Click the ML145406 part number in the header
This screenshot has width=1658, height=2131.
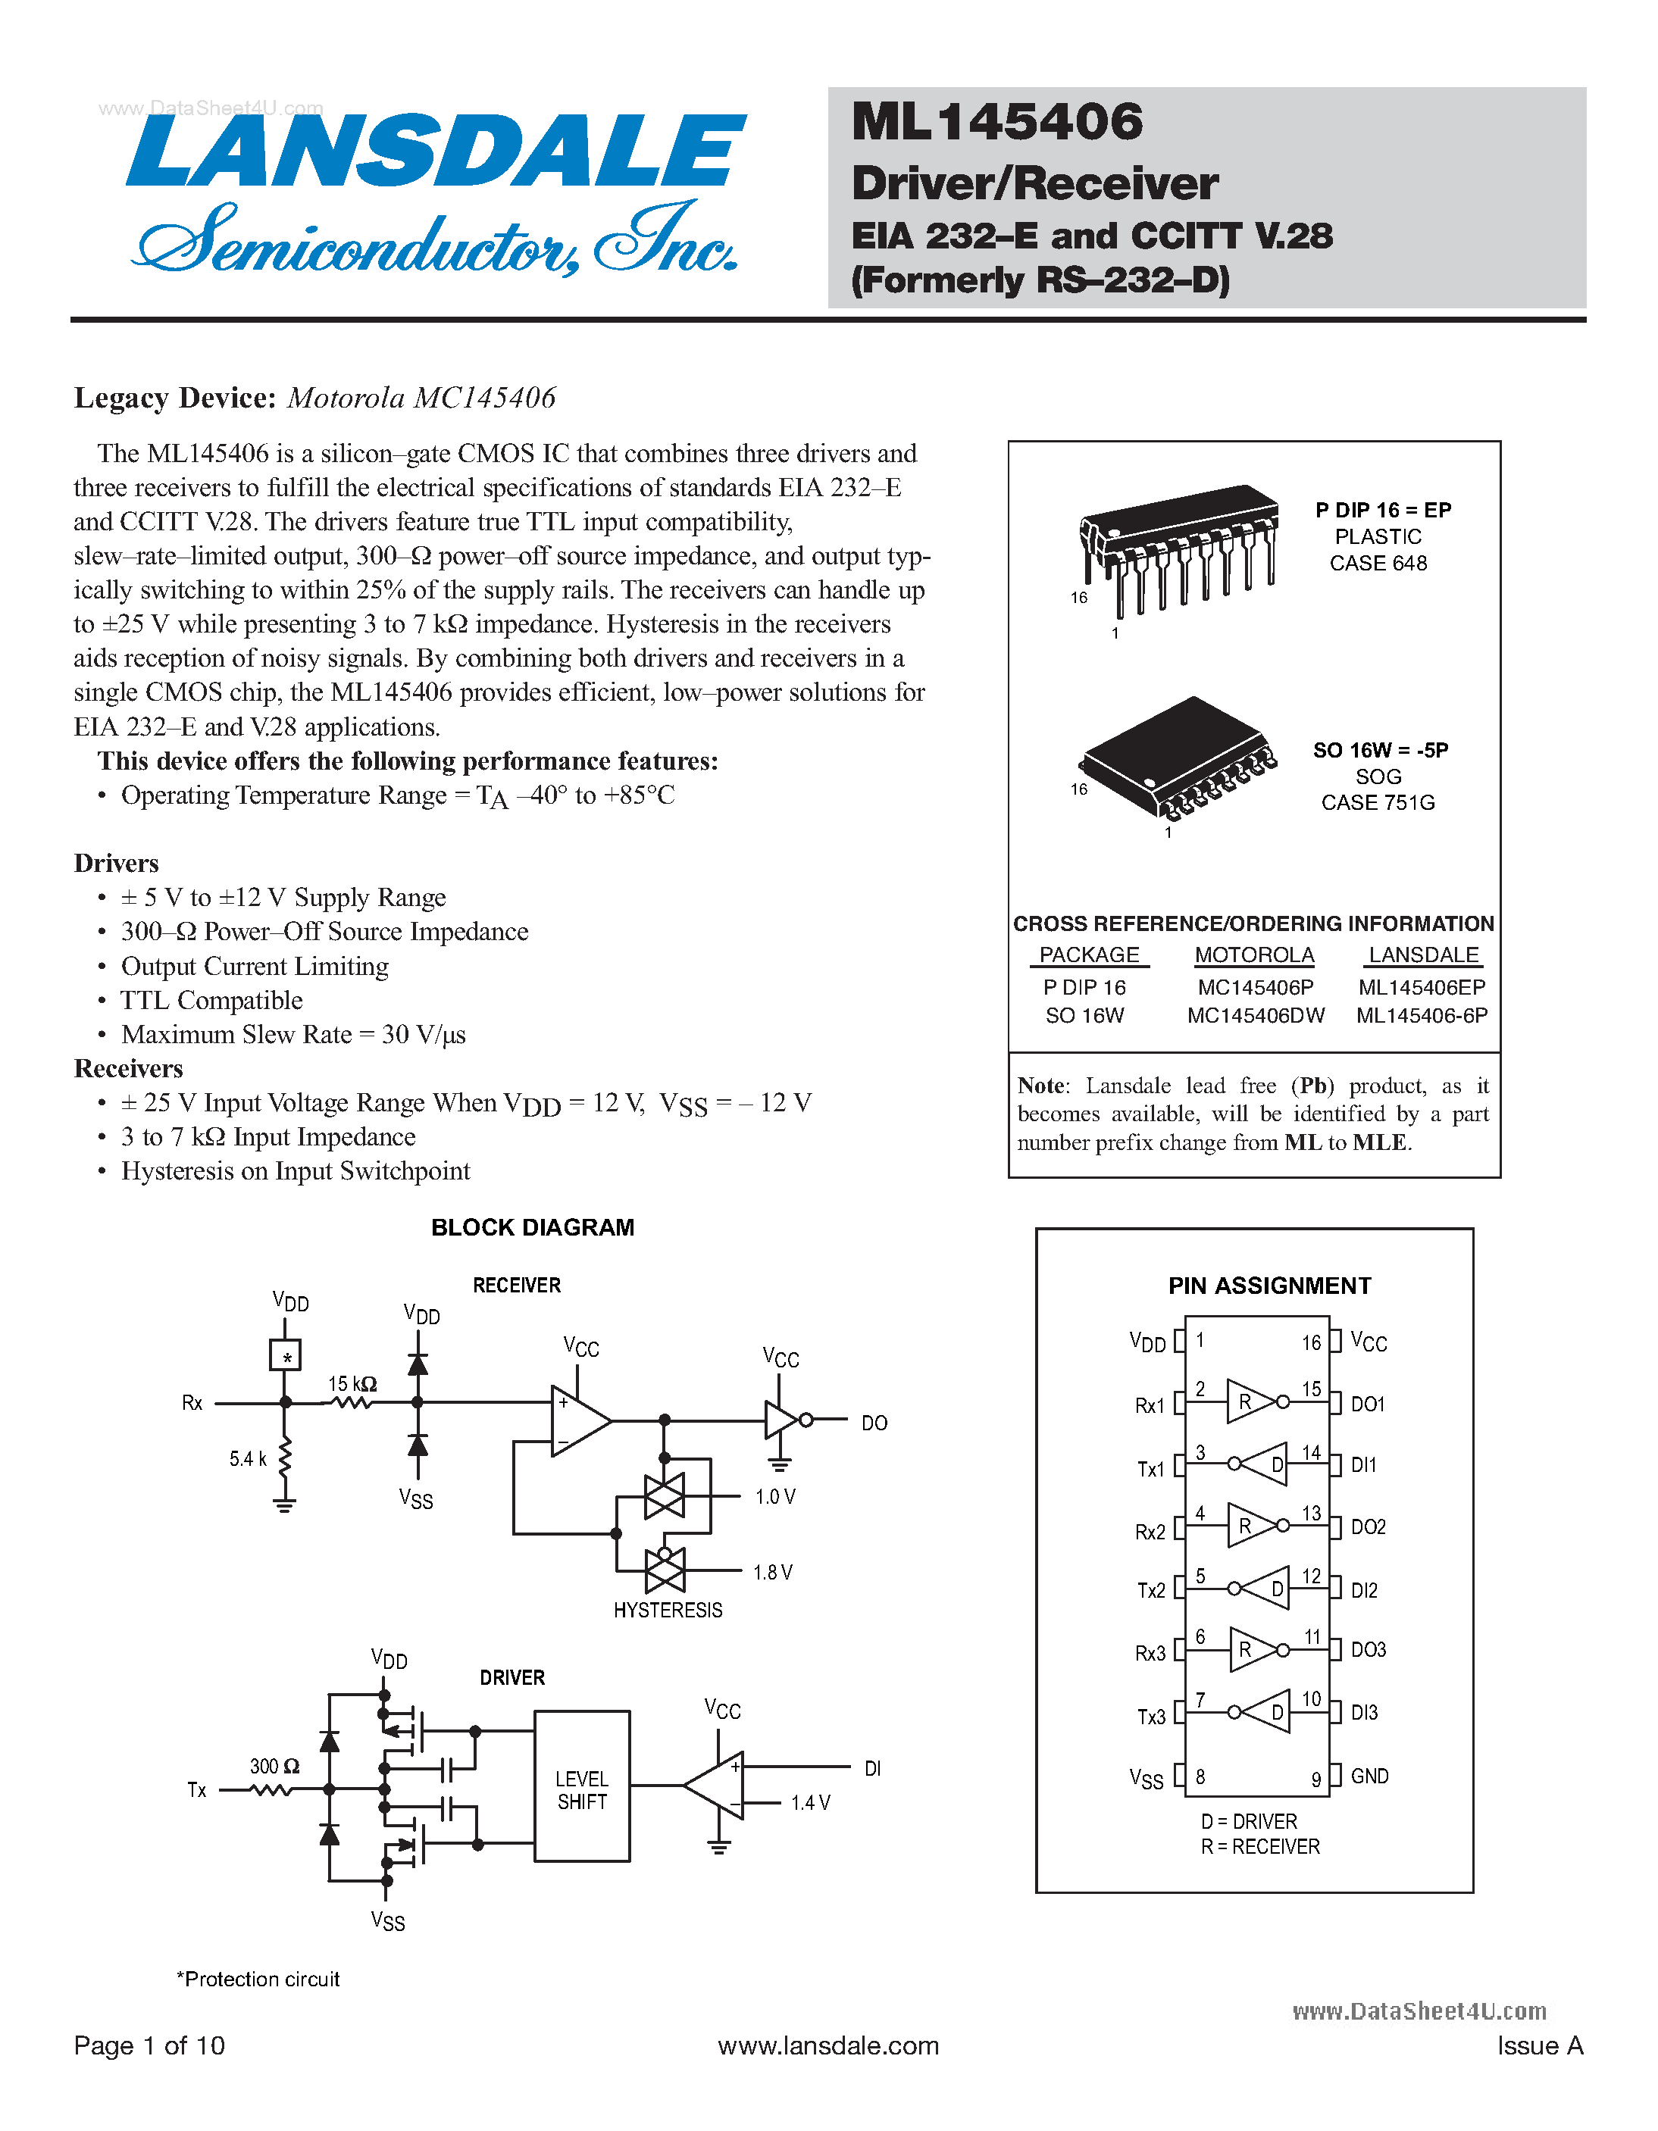[x=996, y=122]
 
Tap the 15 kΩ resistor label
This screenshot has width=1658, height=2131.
[x=352, y=1383]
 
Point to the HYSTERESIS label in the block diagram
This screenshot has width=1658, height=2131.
[x=668, y=1610]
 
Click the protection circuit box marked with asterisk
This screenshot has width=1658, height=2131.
[x=285, y=1355]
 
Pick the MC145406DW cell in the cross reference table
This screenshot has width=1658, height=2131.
[x=1255, y=1016]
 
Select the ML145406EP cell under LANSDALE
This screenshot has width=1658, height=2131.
[x=1421, y=987]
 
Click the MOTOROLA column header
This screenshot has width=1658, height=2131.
[x=1254, y=955]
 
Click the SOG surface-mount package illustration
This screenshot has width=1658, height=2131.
[x=1178, y=757]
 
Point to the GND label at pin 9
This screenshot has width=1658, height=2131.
[x=1369, y=1776]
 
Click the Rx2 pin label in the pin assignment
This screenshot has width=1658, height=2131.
[x=1150, y=1532]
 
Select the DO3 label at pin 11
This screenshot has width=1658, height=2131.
[x=1369, y=1650]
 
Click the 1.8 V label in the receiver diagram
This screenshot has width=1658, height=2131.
[x=772, y=1572]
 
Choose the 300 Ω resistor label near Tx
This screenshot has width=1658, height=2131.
[x=274, y=1766]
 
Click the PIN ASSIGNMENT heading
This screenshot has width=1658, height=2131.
[x=1269, y=1286]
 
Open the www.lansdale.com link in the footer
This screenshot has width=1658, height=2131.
[x=827, y=2045]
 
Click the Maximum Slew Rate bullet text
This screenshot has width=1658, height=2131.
[x=292, y=1034]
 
